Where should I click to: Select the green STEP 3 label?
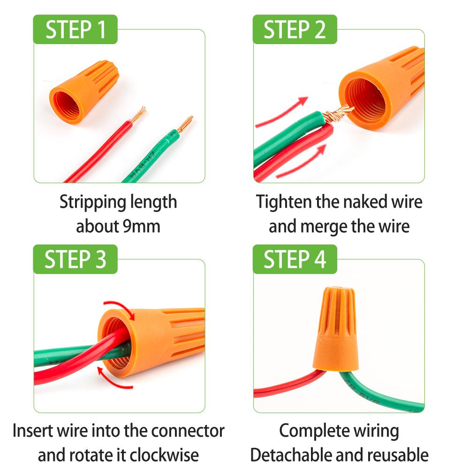(75, 259)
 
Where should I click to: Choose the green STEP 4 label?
(295, 259)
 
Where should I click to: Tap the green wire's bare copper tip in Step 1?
(185, 124)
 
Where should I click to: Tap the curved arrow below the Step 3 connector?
(113, 378)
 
